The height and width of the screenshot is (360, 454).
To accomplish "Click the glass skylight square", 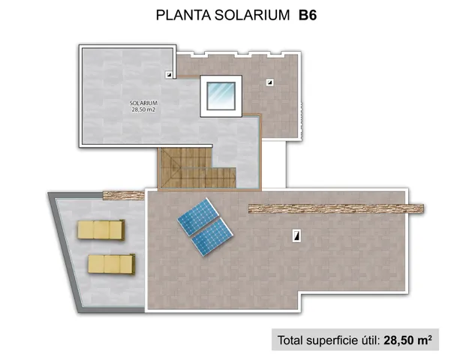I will click(221, 95).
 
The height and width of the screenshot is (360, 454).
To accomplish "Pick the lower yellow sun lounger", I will click(110, 263).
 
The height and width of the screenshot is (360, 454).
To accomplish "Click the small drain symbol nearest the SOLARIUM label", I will click(170, 74).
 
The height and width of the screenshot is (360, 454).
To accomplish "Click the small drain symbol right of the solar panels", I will click(297, 236).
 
